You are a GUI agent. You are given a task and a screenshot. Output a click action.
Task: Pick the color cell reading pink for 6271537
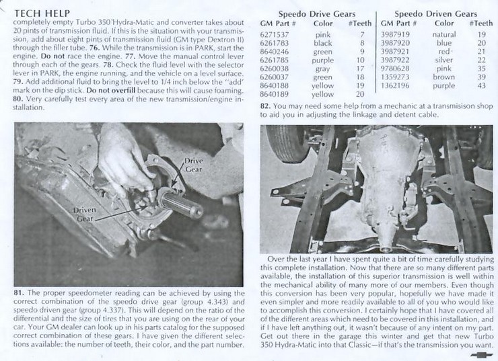click(322, 34)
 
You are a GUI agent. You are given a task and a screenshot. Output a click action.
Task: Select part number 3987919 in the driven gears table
click(394, 34)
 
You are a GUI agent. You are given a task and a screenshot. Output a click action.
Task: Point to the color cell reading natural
click(443, 34)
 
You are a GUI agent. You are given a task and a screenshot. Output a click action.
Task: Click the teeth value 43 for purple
click(482, 86)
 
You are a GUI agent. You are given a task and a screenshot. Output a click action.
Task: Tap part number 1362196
click(394, 86)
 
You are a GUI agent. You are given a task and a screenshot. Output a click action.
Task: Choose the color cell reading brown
click(443, 77)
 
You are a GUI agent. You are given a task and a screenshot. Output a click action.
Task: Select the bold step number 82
click(265, 106)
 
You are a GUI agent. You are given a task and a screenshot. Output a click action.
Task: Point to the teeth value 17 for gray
click(361, 69)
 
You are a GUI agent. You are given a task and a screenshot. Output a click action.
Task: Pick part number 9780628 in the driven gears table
click(394, 69)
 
